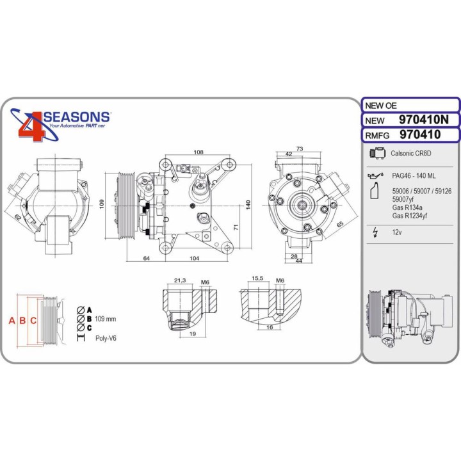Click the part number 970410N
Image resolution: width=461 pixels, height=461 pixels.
click(424, 120)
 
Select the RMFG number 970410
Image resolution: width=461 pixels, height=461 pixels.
click(420, 134)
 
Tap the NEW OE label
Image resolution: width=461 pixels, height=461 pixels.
click(381, 106)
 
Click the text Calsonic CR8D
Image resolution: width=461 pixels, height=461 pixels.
click(410, 154)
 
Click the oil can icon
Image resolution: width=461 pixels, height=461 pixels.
click(375, 175)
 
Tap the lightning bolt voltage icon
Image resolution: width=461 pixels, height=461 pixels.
click(375, 232)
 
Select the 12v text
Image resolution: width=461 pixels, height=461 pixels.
click(396, 232)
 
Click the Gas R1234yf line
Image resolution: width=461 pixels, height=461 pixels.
click(409, 216)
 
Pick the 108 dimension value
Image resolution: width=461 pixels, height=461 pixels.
click(198, 152)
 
